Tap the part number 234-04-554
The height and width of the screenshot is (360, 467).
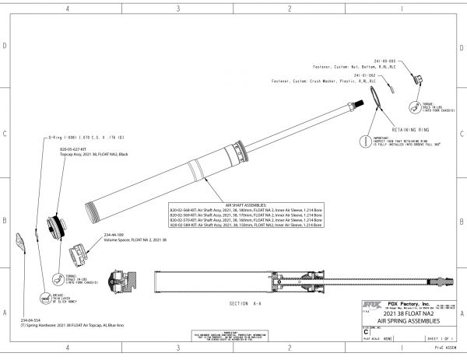(32, 320)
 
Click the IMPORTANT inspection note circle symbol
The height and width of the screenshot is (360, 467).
(363, 141)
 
